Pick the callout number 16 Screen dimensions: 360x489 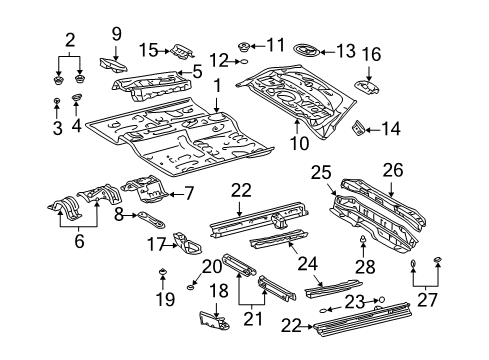(371, 54)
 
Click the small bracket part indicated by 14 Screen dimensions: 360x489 (357, 127)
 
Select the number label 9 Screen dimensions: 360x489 (116, 34)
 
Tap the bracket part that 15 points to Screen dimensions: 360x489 (181, 49)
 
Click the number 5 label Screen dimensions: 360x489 (198, 71)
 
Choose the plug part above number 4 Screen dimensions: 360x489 (77, 97)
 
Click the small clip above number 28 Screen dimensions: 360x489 (361, 243)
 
